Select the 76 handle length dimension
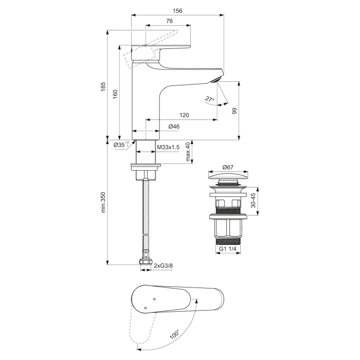click(169, 21)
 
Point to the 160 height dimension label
click(115, 93)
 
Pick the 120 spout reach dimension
click(184, 115)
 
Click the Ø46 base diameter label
click(174, 127)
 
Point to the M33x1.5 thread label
click(168, 148)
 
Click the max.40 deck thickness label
click(189, 152)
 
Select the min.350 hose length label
click(103, 202)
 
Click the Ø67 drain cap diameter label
click(228, 167)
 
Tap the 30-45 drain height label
click(253, 201)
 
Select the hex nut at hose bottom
click(145, 265)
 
